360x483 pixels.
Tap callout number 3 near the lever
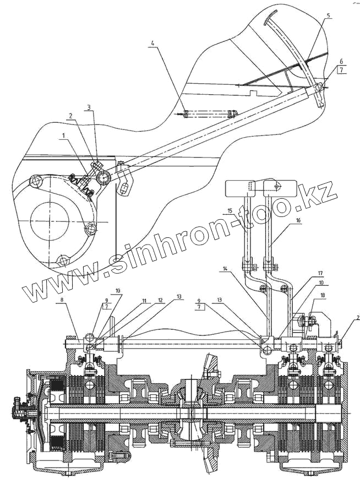[89, 108]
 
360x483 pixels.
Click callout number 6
[341, 61]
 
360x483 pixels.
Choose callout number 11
[144, 301]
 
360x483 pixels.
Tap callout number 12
[161, 301]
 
